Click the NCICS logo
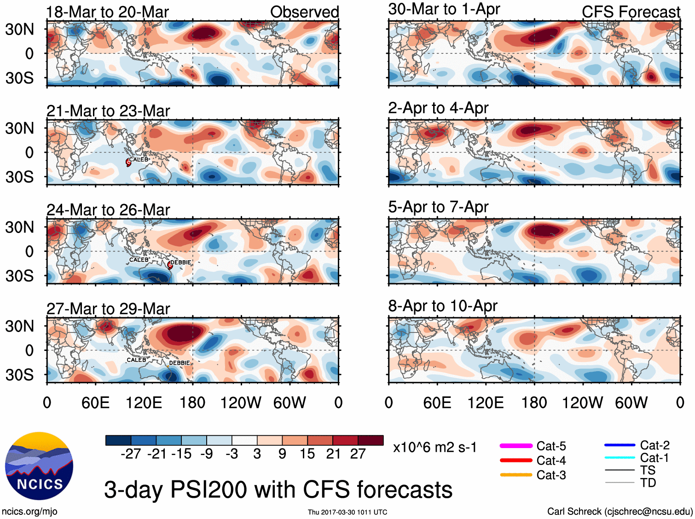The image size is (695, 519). click(x=39, y=466)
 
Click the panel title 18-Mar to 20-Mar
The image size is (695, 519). click(x=107, y=12)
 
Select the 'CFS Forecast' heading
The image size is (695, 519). click(x=631, y=12)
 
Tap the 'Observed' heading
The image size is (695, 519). click(x=304, y=12)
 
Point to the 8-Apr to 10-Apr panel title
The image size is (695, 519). click(x=443, y=306)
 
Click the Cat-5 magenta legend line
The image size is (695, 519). click(x=516, y=446)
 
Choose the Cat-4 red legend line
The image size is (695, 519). click(x=516, y=460)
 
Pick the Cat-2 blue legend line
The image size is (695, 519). click(x=620, y=445)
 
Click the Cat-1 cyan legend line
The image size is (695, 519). click(x=620, y=458)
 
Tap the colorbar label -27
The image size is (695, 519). click(x=131, y=454)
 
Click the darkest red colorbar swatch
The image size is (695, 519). click(x=371, y=440)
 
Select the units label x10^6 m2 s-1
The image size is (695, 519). click(x=435, y=447)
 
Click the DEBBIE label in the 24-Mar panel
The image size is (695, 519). click(x=181, y=262)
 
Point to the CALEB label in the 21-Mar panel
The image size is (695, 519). click(x=139, y=160)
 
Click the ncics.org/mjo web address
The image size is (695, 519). click(x=29, y=511)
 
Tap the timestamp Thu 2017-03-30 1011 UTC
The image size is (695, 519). click(x=347, y=512)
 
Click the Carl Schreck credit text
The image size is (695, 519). click(x=620, y=511)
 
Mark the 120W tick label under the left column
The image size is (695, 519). click(x=240, y=403)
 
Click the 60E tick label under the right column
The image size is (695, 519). click(x=437, y=403)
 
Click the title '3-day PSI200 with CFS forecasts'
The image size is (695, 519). click(x=278, y=490)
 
